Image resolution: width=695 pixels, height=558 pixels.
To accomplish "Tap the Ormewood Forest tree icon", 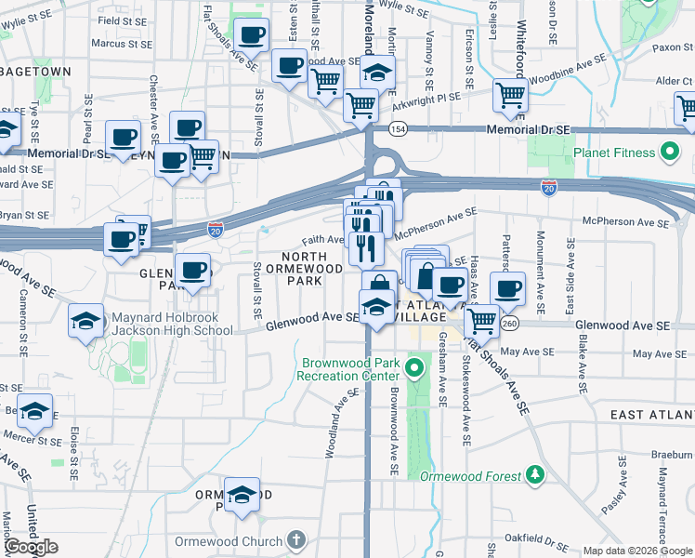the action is tap(535, 476).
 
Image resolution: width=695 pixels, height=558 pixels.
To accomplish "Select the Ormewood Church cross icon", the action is tap(295, 540).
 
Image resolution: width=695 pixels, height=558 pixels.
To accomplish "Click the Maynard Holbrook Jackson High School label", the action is tap(172, 324).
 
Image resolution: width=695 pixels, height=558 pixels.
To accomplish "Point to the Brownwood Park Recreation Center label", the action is tap(347, 369).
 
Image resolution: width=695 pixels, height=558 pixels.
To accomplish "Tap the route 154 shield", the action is tap(397, 129).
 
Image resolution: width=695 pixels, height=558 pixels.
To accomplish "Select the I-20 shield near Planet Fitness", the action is tap(549, 187).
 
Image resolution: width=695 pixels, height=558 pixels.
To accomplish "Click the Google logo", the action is tap(31, 547).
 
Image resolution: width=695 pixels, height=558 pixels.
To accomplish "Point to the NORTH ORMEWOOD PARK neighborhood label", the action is tap(304, 268).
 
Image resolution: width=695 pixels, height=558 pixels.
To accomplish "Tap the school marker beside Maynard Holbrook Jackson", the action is tap(86, 322).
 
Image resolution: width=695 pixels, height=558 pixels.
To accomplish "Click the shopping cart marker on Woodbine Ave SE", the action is tap(510, 96).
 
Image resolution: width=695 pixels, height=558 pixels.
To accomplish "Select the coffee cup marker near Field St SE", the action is tap(251, 36).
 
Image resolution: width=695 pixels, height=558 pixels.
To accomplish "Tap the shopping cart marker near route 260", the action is tap(481, 321).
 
